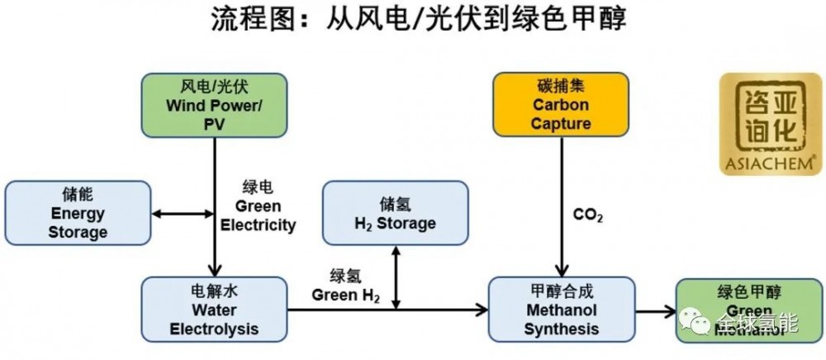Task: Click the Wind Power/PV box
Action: click(x=215, y=106)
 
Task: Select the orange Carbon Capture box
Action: click(x=561, y=105)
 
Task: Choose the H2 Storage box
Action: click(x=395, y=213)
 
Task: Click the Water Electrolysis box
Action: click(x=214, y=310)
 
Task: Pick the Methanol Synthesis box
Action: click(x=562, y=310)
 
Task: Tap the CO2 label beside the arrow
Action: click(x=587, y=216)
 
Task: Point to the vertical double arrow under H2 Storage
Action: click(x=397, y=277)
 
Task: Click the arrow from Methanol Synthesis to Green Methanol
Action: click(x=656, y=311)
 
